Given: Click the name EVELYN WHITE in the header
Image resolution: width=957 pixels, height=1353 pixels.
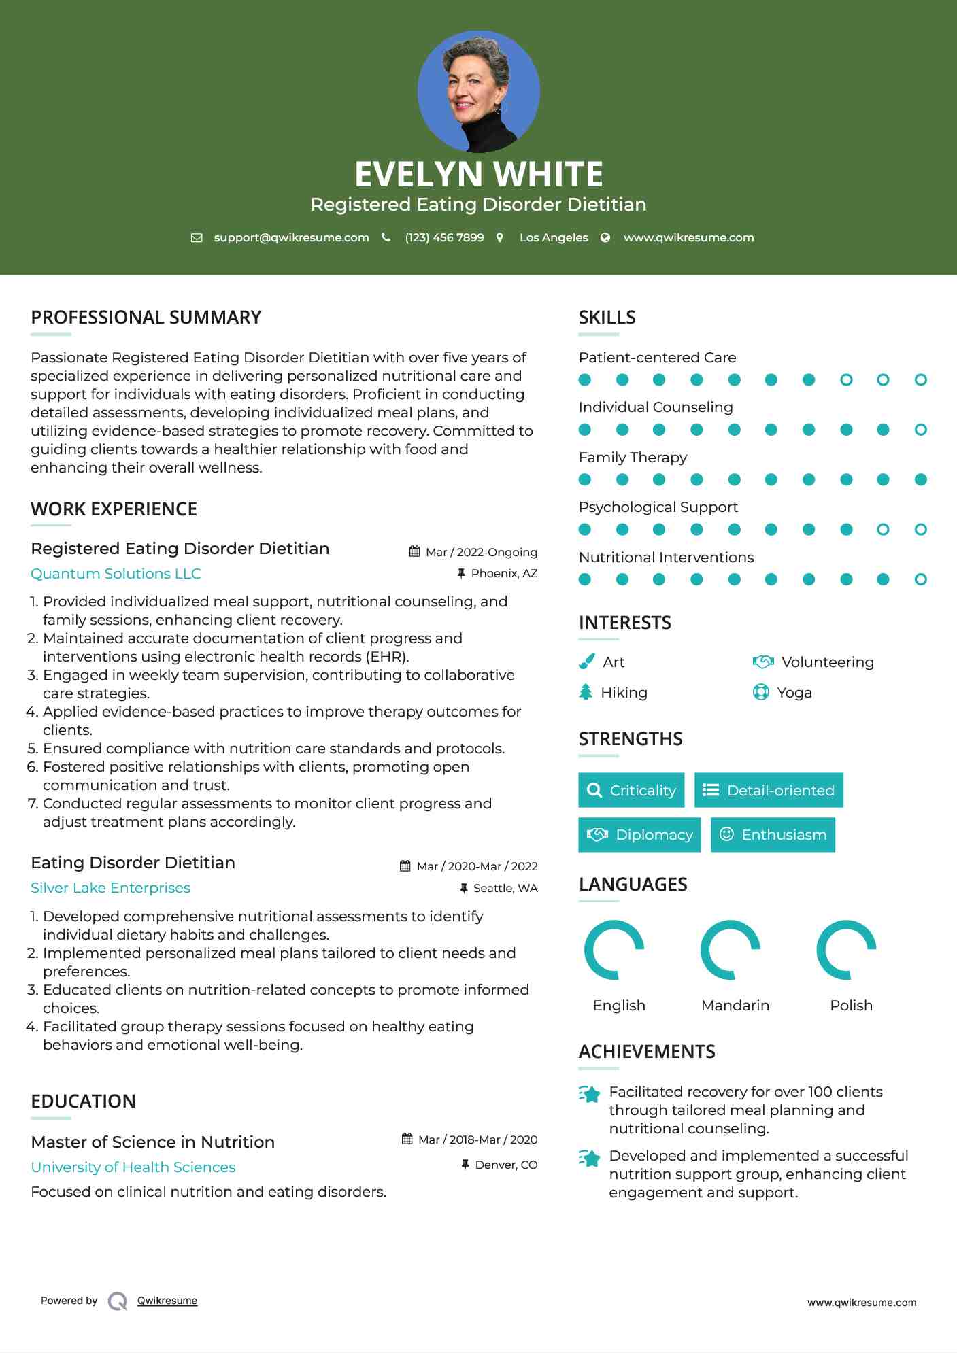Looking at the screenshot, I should coord(478,174).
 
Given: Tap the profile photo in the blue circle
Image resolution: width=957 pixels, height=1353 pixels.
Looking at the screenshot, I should coord(478,91).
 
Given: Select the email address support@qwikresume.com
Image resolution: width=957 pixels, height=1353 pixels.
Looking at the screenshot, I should coord(291,237).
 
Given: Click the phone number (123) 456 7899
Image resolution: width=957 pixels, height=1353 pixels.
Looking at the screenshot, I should coord(444,237).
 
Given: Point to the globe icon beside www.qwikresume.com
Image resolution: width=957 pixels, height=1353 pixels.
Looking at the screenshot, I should coord(605,237).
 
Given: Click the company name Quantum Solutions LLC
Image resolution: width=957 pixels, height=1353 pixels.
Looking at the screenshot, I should coord(116,573).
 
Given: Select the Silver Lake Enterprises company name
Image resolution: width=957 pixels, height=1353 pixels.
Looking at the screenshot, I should coord(110,887).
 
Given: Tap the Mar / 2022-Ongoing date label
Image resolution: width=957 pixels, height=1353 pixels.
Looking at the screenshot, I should coord(481,552).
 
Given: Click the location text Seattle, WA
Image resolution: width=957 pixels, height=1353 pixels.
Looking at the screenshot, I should coord(505,888).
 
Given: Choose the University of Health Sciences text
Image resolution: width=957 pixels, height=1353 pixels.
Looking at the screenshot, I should coord(133,1167).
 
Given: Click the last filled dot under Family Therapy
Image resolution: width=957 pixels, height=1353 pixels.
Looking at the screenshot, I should coord(920,479).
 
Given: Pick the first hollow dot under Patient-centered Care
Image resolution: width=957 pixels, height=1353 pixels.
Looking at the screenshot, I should coord(845,379).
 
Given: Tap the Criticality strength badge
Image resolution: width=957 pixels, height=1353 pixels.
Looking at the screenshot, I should coord(631,790).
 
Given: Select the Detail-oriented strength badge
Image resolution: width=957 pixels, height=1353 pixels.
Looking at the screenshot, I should coord(769,790).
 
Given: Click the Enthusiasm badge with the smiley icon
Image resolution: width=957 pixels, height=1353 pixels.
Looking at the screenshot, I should coord(773,834).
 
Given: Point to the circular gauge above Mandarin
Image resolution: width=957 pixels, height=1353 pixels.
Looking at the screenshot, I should coord(730,950).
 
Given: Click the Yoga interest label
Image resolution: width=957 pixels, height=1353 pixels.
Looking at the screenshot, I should coord(794,692).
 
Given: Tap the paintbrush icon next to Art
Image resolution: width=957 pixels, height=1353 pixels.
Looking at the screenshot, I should coord(586,662).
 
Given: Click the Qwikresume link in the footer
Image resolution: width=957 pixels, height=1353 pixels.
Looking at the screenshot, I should coord(167,1300).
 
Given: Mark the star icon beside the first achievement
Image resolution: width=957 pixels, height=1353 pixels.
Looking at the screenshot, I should coord(589,1094).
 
